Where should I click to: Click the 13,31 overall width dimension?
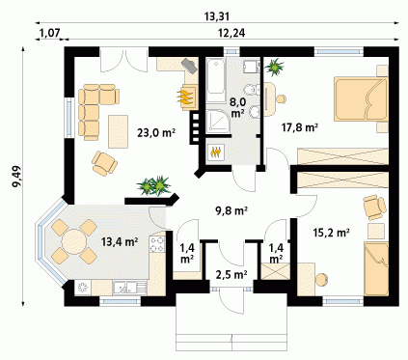217,16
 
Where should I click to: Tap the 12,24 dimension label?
232,33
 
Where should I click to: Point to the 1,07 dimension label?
49,33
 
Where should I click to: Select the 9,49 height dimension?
16,176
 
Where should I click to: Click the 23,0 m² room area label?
156,132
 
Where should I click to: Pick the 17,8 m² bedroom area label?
300,127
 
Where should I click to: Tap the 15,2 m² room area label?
331,232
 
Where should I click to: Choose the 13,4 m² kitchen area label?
120,241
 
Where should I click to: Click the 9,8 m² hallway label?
231,210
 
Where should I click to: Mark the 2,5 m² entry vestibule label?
231,275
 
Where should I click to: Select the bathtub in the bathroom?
216,80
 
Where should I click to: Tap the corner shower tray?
218,122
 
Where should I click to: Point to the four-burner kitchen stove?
157,244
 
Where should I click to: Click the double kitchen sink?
129,288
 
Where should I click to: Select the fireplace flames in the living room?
185,97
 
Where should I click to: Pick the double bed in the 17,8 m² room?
361,98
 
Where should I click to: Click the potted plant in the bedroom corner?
274,67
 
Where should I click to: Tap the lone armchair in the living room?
104,163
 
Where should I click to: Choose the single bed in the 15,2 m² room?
376,269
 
